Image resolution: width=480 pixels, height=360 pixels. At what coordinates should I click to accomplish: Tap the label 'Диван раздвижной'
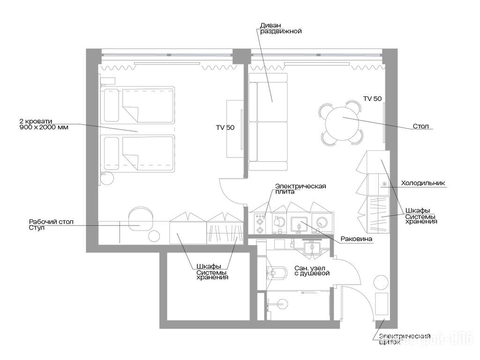pyautogui.click(x=281, y=28)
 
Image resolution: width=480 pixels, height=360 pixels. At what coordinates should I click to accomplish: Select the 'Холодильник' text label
pyautogui.click(x=423, y=183)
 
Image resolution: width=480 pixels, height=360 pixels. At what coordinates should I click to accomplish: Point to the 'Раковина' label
pyautogui.click(x=356, y=239)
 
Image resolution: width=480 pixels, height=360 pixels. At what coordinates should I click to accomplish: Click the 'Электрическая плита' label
pyautogui.click(x=300, y=189)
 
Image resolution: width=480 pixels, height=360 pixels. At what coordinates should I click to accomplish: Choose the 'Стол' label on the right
pyautogui.click(x=420, y=126)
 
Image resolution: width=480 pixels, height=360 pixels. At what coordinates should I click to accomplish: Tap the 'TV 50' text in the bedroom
pyautogui.click(x=225, y=127)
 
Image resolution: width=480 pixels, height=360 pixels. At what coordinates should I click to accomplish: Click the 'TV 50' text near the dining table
pyautogui.click(x=373, y=98)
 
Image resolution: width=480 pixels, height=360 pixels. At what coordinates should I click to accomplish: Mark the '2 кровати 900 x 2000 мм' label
pyautogui.click(x=44, y=124)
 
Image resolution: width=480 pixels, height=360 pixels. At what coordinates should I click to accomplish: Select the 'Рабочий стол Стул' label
pyautogui.click(x=51, y=225)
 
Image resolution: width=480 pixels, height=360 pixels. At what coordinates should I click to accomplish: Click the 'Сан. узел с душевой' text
pyautogui.click(x=312, y=270)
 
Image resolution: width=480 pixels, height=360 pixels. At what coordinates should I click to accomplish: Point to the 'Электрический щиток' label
pyautogui.click(x=405, y=339)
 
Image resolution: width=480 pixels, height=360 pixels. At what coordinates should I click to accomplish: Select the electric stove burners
pyautogui.click(x=260, y=224)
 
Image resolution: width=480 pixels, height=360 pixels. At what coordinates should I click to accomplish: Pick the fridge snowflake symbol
pyautogui.click(x=383, y=184)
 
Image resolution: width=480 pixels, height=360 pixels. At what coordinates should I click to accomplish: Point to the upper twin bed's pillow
pyautogui.click(x=112, y=105)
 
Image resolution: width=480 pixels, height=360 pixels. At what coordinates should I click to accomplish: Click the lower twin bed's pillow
pyautogui.click(x=112, y=153)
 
